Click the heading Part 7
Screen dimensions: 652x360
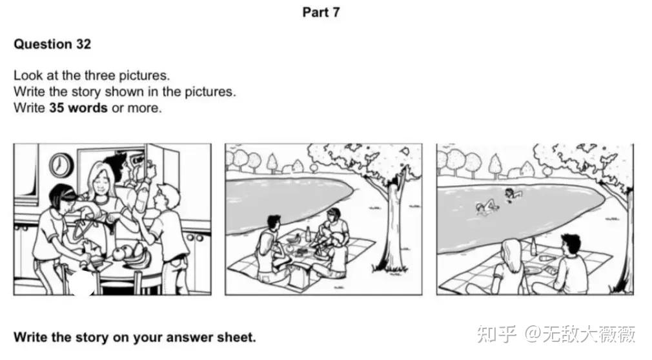point(321,12)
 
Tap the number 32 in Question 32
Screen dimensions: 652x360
point(83,44)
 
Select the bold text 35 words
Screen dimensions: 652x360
point(78,108)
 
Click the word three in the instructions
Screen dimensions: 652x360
point(100,75)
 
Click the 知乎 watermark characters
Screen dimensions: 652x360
point(496,334)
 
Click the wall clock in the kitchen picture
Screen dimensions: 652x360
point(61,165)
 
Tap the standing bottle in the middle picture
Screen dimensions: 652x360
point(308,234)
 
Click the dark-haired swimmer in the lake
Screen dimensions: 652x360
point(513,194)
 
